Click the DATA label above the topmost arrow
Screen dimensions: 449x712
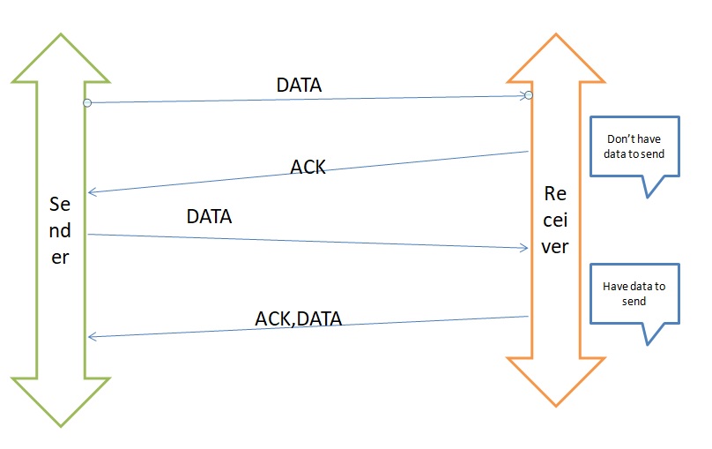(299, 86)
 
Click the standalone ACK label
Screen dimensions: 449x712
(308, 167)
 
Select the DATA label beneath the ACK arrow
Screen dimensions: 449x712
(209, 216)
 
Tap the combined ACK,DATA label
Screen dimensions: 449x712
(298, 318)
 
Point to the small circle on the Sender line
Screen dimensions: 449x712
(87, 103)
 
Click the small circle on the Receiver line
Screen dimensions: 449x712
(529, 95)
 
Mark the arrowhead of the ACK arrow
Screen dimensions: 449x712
(92, 192)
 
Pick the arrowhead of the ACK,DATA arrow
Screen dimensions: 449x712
(92, 336)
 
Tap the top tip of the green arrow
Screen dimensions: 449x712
(60, 35)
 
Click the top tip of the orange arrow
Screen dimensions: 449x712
(555, 35)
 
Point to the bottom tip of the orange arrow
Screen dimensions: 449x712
(555, 407)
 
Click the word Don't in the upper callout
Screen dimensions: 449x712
(619, 139)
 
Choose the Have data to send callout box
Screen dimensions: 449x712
(634, 294)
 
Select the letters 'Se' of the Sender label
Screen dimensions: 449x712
(60, 205)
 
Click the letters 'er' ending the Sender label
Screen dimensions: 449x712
(60, 258)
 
